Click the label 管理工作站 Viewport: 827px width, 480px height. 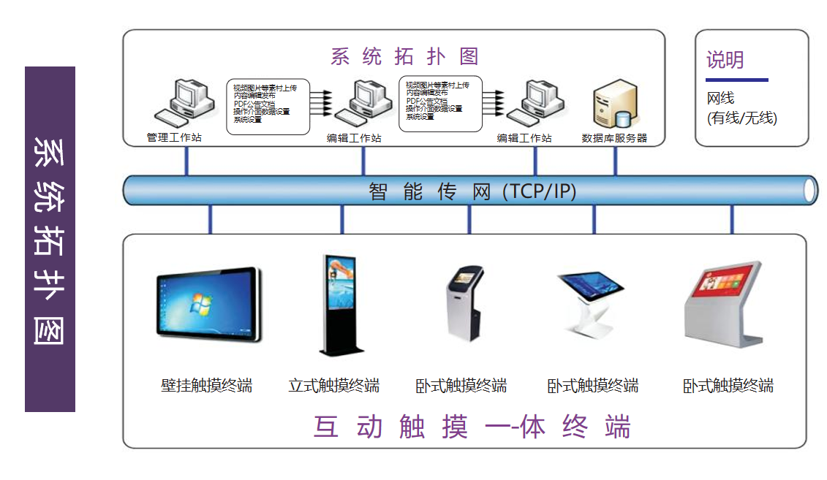pyautogui.click(x=174, y=138)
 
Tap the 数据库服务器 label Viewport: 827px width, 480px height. pyautogui.click(x=614, y=138)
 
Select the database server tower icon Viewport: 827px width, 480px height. pyautogui.click(x=613, y=106)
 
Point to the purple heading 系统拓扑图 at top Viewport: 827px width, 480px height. pyautogui.click(x=404, y=56)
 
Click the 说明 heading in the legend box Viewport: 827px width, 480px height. pyautogui.click(x=725, y=60)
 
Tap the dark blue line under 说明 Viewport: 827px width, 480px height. pyautogui.click(x=736, y=79)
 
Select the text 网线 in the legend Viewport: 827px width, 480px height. pyautogui.click(x=720, y=99)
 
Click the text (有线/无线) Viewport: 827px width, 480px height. pyautogui.click(x=741, y=118)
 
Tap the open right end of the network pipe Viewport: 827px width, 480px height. pyautogui.click(x=809, y=191)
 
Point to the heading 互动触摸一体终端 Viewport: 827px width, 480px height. pyautogui.click(x=472, y=427)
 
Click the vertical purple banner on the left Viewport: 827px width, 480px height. pyautogui.click(x=50, y=239)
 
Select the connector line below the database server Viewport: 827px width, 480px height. pyautogui.click(x=615, y=161)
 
